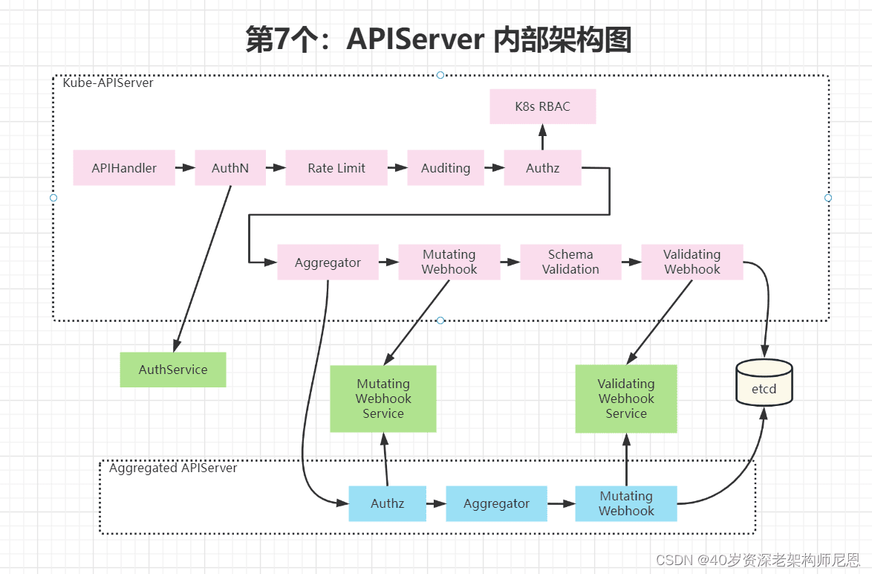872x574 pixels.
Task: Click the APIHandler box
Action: [x=124, y=167]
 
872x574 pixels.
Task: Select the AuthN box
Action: [x=230, y=167]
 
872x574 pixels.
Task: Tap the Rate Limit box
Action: [x=336, y=167]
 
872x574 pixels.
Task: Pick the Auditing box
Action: [x=446, y=167]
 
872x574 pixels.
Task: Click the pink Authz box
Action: [x=543, y=167]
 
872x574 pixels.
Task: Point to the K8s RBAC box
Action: [x=543, y=106]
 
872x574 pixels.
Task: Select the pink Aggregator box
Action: [x=328, y=262]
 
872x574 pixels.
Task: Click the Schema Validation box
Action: [x=570, y=262]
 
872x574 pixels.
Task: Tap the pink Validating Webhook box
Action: [x=692, y=262]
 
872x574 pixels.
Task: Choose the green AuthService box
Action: [x=173, y=370]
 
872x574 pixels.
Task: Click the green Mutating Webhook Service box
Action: [x=383, y=399]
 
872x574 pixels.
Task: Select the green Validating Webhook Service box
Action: [x=626, y=399]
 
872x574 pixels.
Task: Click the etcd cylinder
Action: [x=764, y=382]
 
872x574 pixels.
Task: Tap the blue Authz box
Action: [x=388, y=503]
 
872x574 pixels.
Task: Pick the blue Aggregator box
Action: [x=497, y=503]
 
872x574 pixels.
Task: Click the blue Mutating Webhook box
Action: [x=626, y=503]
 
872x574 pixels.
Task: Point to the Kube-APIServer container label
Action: [x=108, y=83]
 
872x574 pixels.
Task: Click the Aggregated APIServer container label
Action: [x=173, y=468]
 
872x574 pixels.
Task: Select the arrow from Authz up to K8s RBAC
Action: [x=543, y=137]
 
